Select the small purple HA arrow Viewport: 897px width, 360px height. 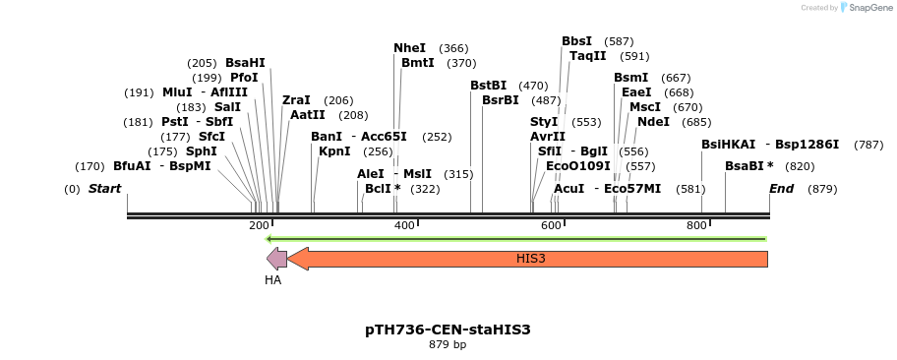tap(276, 259)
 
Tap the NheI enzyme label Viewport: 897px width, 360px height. tap(410, 48)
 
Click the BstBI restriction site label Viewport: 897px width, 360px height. tap(488, 86)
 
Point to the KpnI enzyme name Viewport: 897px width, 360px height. tap(334, 151)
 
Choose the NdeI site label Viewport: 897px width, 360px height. tap(653, 122)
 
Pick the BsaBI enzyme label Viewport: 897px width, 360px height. tap(746, 166)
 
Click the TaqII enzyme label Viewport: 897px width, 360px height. tap(587, 56)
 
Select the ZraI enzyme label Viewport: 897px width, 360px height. tap(296, 100)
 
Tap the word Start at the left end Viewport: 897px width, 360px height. tap(106, 189)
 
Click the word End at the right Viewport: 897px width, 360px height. tap(781, 189)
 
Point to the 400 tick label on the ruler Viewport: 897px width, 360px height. tap(404, 226)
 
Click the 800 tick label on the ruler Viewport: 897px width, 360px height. tap(696, 226)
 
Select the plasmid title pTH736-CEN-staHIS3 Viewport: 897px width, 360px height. tap(448, 330)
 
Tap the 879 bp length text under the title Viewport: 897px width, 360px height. tap(448, 345)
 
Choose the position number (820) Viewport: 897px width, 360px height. tap(799, 166)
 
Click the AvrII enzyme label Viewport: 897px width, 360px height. tap(548, 137)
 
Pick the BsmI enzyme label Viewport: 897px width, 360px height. tap(630, 78)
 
